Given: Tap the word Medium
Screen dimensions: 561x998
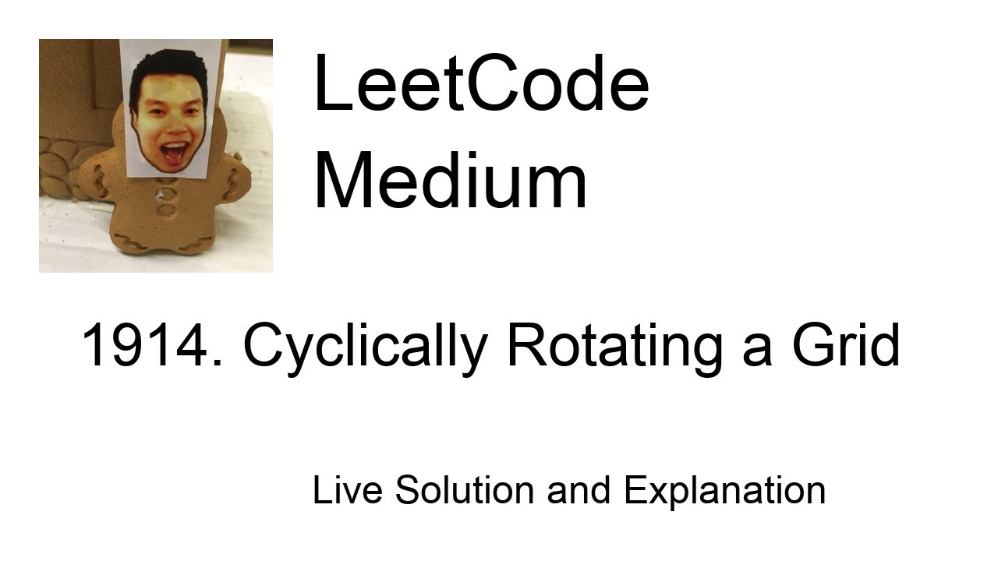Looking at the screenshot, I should [450, 182].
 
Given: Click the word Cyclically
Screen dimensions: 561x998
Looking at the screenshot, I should [365, 348].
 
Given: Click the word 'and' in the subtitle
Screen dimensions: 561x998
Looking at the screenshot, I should [579, 491].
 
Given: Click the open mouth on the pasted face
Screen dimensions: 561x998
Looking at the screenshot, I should [173, 150].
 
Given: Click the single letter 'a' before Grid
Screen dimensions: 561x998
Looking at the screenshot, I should [756, 351].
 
